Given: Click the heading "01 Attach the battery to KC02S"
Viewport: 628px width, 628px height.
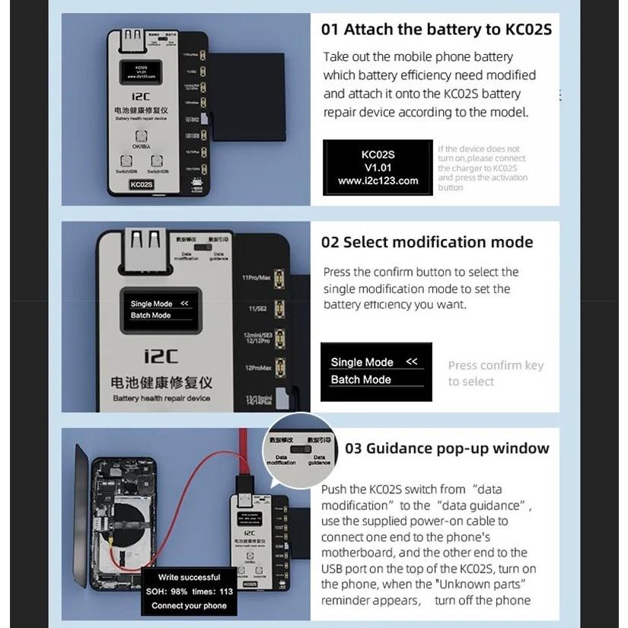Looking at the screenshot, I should tap(435, 30).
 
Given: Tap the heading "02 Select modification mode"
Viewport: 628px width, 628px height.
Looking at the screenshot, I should tap(426, 243).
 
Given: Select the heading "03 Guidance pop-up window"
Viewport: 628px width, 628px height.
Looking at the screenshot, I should tap(446, 448).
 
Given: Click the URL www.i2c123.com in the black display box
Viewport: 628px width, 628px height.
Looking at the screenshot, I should tap(378, 181).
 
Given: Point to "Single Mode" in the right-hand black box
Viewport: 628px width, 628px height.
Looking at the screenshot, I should tap(362, 362).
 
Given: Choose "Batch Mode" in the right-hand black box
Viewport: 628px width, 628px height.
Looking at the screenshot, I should tap(361, 380).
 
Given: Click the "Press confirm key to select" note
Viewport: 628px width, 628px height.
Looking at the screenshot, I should tap(495, 373).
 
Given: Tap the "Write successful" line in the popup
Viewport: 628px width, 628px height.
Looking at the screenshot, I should tap(189, 577).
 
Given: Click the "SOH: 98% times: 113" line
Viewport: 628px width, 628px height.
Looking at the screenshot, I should tap(189, 591).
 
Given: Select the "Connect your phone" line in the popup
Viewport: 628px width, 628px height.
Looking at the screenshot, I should tap(189, 606).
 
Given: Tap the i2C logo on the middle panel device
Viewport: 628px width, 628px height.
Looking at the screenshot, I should tap(161, 355).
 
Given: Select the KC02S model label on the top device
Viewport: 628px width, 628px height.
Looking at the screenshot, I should tap(142, 183).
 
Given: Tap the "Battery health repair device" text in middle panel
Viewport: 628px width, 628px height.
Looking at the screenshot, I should tap(161, 398).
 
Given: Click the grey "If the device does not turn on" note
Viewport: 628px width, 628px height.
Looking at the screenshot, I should tap(481, 168).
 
